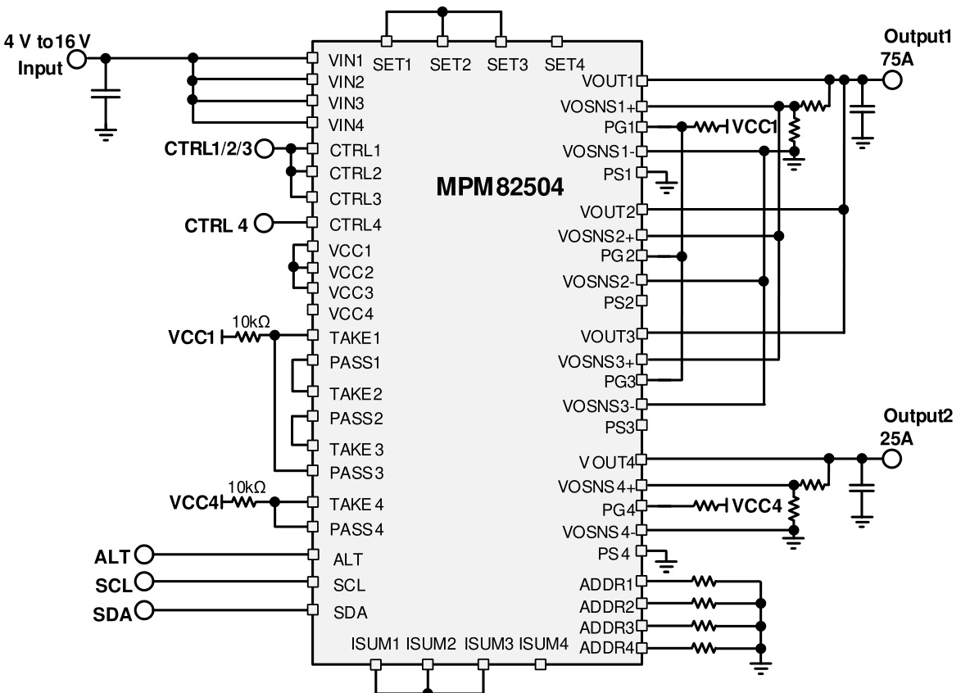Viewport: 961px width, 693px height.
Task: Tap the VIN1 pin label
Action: tap(346, 59)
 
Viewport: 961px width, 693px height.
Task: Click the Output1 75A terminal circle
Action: tap(891, 80)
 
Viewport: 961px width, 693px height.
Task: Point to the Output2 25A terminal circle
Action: tap(891, 459)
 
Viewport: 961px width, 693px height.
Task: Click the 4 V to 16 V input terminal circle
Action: tap(78, 59)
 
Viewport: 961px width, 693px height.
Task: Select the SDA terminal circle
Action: tap(143, 610)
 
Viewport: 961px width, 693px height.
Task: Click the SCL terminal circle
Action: tap(143, 582)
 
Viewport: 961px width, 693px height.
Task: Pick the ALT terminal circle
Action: tap(143, 555)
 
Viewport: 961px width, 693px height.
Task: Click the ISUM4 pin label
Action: tap(543, 644)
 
